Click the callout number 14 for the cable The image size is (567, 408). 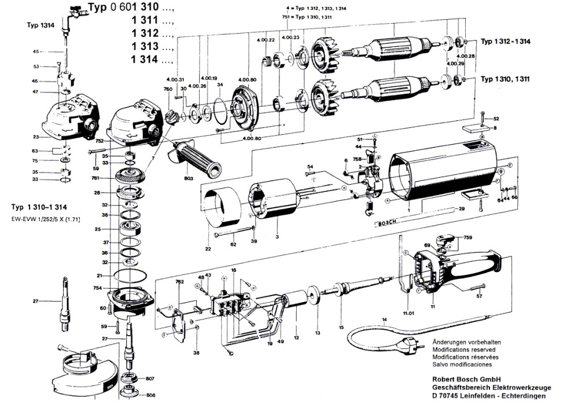tap(384, 319)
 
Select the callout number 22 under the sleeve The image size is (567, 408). tap(208, 249)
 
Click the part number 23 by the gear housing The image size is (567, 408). tap(36, 137)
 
